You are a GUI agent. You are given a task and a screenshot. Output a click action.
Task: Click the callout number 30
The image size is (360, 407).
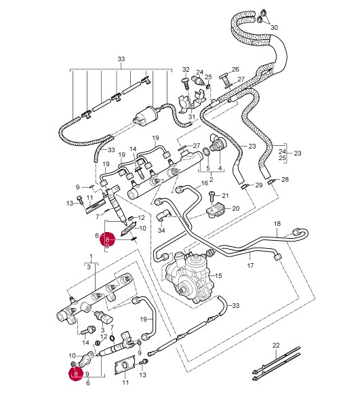coord(274,28)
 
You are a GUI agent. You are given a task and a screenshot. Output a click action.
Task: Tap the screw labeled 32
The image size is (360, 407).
coord(186,84)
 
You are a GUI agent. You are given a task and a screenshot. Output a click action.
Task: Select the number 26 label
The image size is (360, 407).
coord(235,70)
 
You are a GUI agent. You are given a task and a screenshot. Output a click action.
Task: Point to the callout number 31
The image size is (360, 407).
coord(192,117)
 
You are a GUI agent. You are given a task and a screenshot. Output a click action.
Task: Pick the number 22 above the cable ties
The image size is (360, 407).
coord(276,345)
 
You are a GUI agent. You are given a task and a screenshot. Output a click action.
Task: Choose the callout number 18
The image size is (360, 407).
coord(277,223)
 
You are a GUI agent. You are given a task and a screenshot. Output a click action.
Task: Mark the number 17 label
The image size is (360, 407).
coord(250,265)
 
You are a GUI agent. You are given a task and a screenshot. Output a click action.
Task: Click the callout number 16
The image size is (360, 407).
coord(205,183)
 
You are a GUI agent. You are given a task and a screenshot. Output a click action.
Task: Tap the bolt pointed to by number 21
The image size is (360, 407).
coord(212,197)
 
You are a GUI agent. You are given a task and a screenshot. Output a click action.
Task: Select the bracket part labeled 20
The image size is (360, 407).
coord(216,209)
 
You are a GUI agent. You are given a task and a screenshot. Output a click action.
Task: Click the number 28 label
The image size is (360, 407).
coord(285,179)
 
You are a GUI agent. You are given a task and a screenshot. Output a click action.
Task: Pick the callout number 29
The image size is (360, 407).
coord(259,185)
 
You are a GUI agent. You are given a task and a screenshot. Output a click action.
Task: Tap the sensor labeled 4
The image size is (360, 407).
coord(218,142)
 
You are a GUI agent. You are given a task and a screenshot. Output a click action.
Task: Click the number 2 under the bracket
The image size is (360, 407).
coord(211,179)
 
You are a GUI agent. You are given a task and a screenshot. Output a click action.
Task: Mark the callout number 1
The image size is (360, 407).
coord(91,256)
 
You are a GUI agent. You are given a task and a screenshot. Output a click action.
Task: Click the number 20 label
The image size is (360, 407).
coord(235,208)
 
